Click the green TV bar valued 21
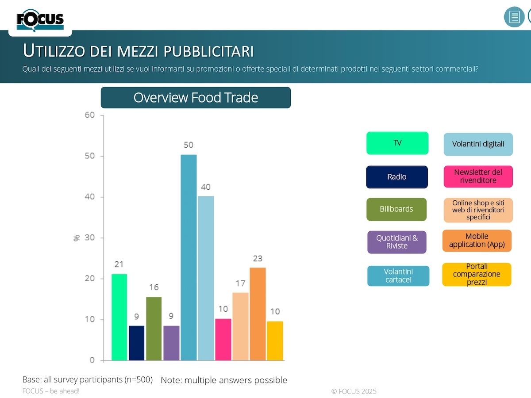click(x=119, y=317)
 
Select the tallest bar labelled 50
click(x=189, y=257)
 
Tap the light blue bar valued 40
click(x=206, y=278)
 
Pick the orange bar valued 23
click(x=258, y=314)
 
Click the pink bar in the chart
click(x=223, y=339)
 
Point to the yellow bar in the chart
click(x=275, y=341)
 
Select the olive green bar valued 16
click(x=154, y=329)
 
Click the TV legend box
click(x=397, y=143)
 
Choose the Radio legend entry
click(x=397, y=177)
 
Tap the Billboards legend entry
click(x=396, y=209)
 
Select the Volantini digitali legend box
click(x=478, y=144)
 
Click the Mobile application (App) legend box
click(x=477, y=241)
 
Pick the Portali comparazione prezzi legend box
click(x=477, y=274)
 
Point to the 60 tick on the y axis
click(x=90, y=115)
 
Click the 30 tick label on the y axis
click(x=90, y=238)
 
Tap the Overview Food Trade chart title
click(x=196, y=98)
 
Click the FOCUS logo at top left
click(x=40, y=20)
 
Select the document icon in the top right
click(x=514, y=17)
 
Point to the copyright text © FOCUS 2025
click(x=354, y=391)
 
